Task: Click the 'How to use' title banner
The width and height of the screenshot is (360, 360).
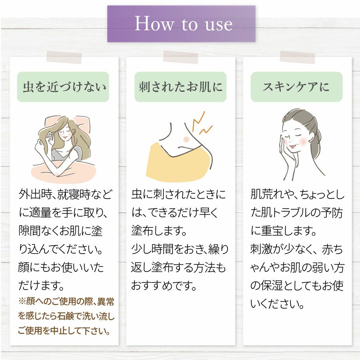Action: [x=181, y=24]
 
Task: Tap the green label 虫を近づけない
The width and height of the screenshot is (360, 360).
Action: [x=63, y=87]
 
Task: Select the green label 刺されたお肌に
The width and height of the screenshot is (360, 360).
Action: [x=180, y=87]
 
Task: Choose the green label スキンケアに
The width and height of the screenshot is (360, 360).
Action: [x=297, y=87]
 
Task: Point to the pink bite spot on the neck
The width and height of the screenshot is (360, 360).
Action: [x=186, y=139]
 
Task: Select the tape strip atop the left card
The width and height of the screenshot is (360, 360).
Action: [x=64, y=57]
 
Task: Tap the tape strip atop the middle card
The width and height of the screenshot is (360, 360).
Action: [x=181, y=57]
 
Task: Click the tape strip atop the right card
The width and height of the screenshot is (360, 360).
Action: [x=297, y=57]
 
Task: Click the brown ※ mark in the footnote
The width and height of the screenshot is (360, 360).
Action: [x=22, y=301]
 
